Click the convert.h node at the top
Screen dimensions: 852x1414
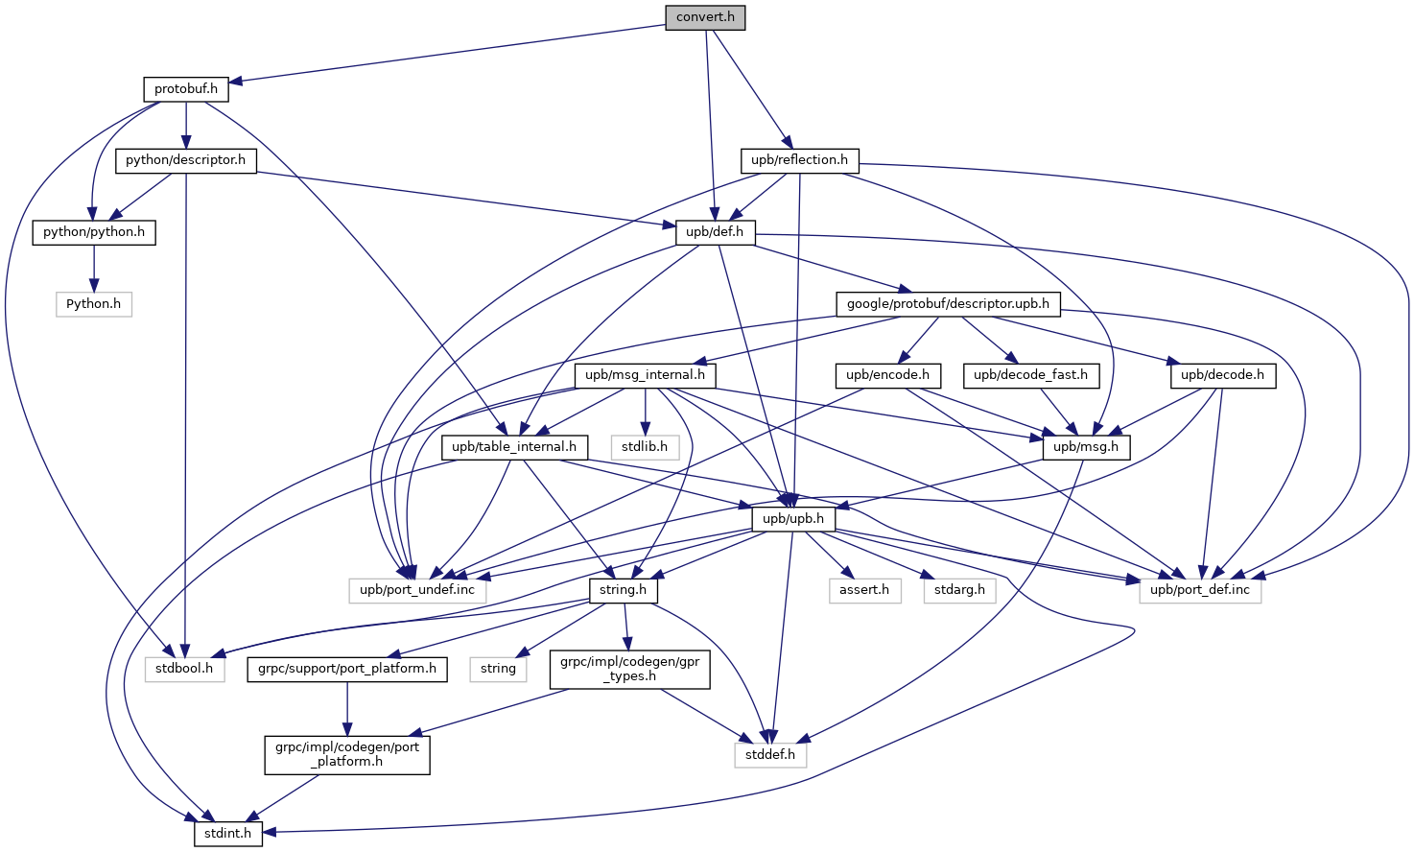pyautogui.click(x=705, y=17)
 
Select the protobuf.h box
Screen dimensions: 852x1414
pyautogui.click(x=186, y=89)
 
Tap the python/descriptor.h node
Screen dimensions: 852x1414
pyautogui.click(x=185, y=160)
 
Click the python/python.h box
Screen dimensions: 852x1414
pyautogui.click(x=94, y=232)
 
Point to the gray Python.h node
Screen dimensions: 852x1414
pyautogui.click(x=93, y=304)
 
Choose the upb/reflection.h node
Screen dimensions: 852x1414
pyautogui.click(x=799, y=160)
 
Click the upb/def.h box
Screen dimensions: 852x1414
pyautogui.click(x=715, y=232)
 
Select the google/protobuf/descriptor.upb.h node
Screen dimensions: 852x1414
pyautogui.click(x=948, y=304)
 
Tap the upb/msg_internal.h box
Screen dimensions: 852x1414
pyautogui.click(x=645, y=375)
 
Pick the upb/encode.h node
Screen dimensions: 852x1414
pyautogui.click(x=887, y=375)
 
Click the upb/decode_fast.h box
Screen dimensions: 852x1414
pyautogui.click(x=1030, y=375)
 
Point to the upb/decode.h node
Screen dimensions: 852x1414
pyautogui.click(x=1222, y=375)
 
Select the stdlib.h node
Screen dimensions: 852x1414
pyautogui.click(x=645, y=447)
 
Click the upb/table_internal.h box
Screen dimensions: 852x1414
pyautogui.click(x=514, y=447)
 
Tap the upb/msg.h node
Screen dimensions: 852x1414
pyautogui.click(x=1086, y=447)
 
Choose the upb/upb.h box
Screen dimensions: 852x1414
pyautogui.click(x=792, y=519)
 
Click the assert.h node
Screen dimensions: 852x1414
pyautogui.click(x=864, y=590)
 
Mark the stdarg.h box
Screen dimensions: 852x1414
pyautogui.click(x=959, y=590)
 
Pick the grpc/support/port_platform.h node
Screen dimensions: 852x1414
pyautogui.click(x=347, y=669)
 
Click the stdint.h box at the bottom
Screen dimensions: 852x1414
pyautogui.click(x=227, y=834)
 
